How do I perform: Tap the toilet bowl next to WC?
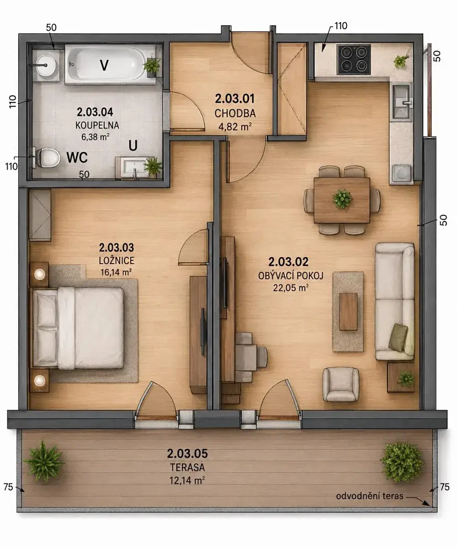47,158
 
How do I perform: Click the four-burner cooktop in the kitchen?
354,59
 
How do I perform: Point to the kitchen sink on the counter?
401,102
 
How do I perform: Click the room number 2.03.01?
234,99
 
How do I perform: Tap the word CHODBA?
235,113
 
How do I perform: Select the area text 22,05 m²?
291,288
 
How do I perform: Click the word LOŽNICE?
117,260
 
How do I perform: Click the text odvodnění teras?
370,496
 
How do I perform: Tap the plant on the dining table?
342,199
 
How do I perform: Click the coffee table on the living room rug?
348,312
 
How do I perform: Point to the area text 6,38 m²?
95,137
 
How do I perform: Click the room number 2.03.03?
117,248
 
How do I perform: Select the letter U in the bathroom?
133,145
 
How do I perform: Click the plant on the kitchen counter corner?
400,60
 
